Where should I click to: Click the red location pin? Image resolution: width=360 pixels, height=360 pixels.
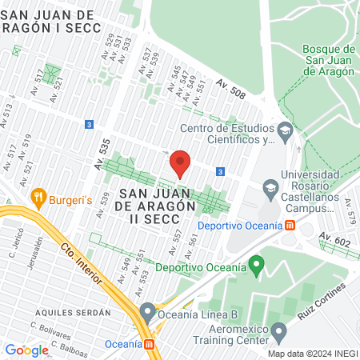point(181,163)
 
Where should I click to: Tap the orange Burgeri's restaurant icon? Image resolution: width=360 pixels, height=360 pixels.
point(38,196)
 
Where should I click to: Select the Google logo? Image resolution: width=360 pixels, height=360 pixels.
point(26,350)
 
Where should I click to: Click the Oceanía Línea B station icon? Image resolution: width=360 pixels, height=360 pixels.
point(147,310)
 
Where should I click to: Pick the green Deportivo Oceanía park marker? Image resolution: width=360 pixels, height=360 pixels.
point(256,263)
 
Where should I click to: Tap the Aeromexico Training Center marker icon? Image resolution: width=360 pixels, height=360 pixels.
point(278,330)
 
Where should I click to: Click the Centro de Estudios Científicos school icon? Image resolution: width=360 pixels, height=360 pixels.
point(284,130)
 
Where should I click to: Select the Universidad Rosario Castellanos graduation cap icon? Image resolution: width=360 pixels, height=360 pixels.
point(269,189)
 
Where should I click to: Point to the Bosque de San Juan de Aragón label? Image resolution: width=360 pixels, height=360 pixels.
point(329,60)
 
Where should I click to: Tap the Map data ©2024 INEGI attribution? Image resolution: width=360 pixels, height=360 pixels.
point(312,354)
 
